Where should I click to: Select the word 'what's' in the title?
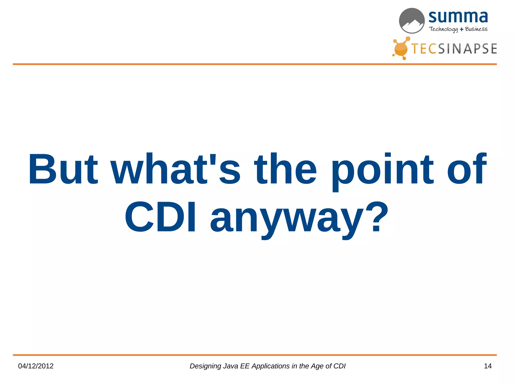tap(175, 169)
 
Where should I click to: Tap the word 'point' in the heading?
tap(383, 170)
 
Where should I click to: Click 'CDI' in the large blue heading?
tap(160, 217)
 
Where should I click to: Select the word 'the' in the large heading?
tap(286, 169)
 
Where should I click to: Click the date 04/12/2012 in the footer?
tap(36, 366)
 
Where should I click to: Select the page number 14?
tap(487, 366)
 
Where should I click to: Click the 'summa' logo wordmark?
tap(458, 17)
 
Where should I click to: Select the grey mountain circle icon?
tap(412, 21)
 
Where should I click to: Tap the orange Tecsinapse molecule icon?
tap(401, 49)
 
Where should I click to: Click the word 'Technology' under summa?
tap(443, 29)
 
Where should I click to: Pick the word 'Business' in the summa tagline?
tap(476, 29)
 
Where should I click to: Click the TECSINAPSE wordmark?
tap(454, 49)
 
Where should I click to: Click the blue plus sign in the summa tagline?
tap(462, 30)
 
